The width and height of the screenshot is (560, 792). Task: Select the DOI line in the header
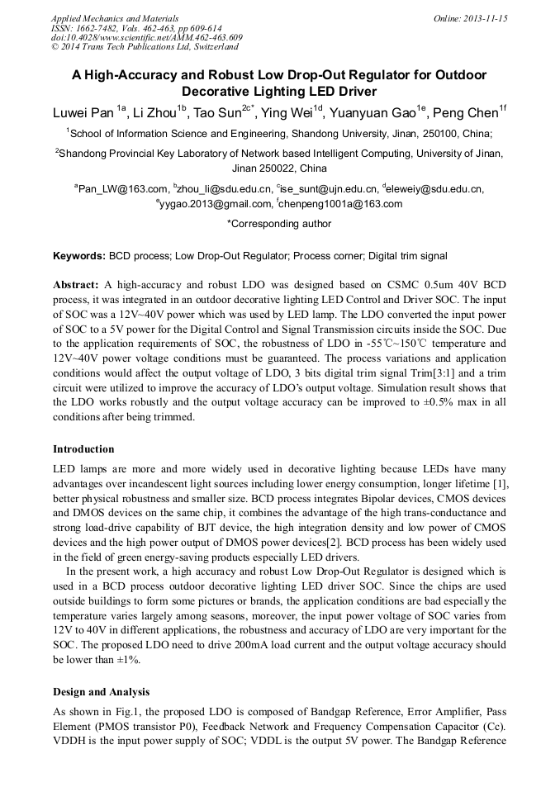coord(146,38)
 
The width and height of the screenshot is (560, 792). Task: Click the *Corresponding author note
coord(279,223)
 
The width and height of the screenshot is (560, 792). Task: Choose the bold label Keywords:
coord(78,257)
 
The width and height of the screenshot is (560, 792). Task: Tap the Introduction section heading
coord(83,449)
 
